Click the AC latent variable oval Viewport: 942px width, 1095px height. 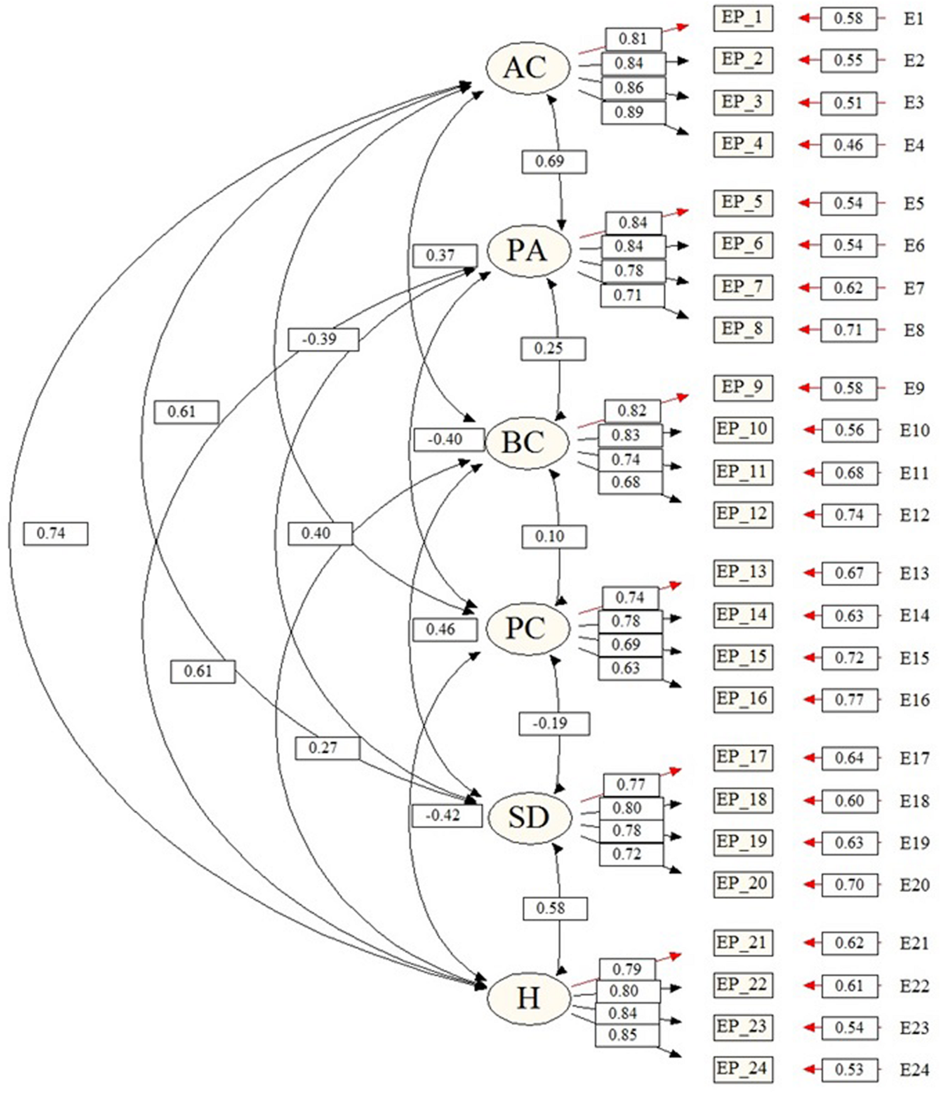528,67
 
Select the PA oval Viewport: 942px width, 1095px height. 528,251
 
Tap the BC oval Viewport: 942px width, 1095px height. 526,442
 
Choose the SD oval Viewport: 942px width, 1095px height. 529,817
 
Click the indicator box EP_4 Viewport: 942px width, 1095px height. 742,144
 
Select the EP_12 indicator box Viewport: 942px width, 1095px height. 742,514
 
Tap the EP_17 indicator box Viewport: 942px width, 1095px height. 742,758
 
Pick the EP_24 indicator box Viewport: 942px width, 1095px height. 742,1069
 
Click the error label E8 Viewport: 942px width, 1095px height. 914,330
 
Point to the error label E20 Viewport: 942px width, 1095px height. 914,885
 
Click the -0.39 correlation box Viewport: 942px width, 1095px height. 323,340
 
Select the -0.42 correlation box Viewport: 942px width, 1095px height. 447,815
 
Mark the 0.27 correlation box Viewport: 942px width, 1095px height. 327,748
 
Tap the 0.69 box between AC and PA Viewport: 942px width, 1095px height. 553,161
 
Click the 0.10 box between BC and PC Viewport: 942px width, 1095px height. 553,537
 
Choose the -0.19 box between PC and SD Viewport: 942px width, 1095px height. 553,723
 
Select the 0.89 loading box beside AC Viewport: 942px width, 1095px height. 632,112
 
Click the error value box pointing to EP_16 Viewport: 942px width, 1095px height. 849,700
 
